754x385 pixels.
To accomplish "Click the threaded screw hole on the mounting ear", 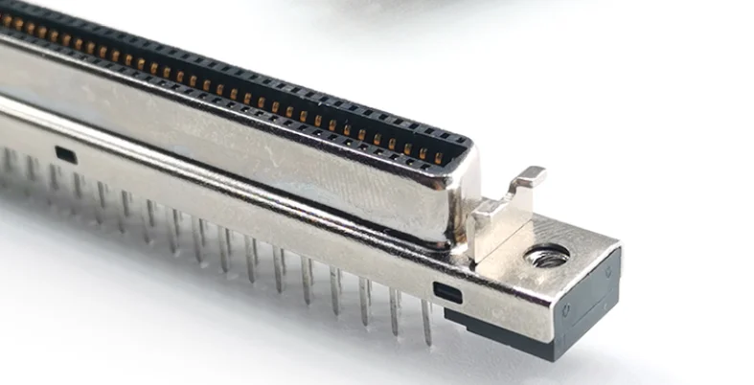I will point(547,257).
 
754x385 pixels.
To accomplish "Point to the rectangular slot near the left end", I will point(65,153).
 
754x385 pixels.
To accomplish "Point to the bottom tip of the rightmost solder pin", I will point(428,343).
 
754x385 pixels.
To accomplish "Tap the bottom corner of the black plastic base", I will point(554,357).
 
